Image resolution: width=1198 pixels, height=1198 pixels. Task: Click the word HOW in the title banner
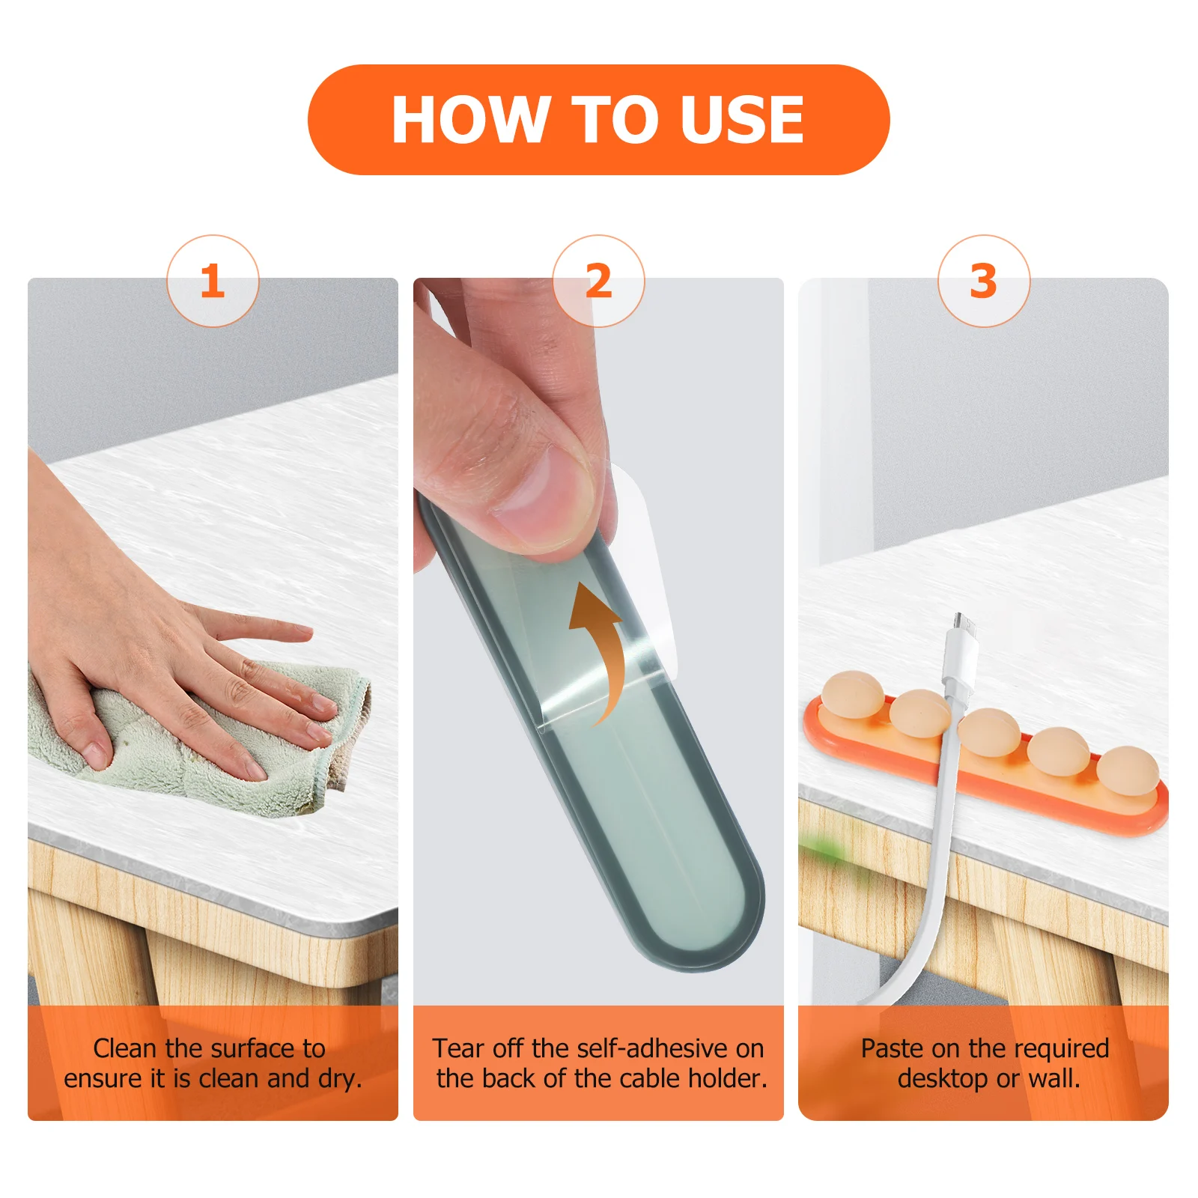[470, 120]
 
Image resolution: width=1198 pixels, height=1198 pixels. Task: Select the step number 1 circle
[213, 281]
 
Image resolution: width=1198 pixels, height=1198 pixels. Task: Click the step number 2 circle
[598, 281]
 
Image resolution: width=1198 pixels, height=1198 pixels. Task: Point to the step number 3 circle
[984, 281]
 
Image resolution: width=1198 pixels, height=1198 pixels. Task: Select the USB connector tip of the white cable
[963, 623]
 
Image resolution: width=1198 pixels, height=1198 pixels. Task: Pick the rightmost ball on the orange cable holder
[1128, 771]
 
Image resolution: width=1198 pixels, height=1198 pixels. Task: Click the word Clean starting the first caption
[127, 1048]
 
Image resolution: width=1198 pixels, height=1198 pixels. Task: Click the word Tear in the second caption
[457, 1048]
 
